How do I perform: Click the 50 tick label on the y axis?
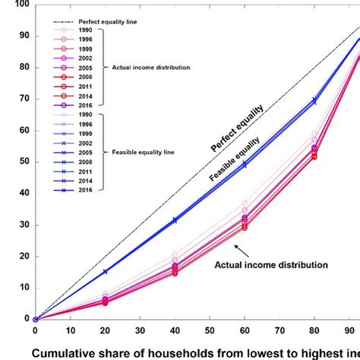(x=24, y=162)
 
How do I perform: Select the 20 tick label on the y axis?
(x=24, y=256)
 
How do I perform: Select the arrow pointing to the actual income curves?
(x=242, y=250)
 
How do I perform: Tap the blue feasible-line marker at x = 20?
(x=105, y=271)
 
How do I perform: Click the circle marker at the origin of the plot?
(x=35, y=319)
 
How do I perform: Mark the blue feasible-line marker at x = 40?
(x=175, y=220)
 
